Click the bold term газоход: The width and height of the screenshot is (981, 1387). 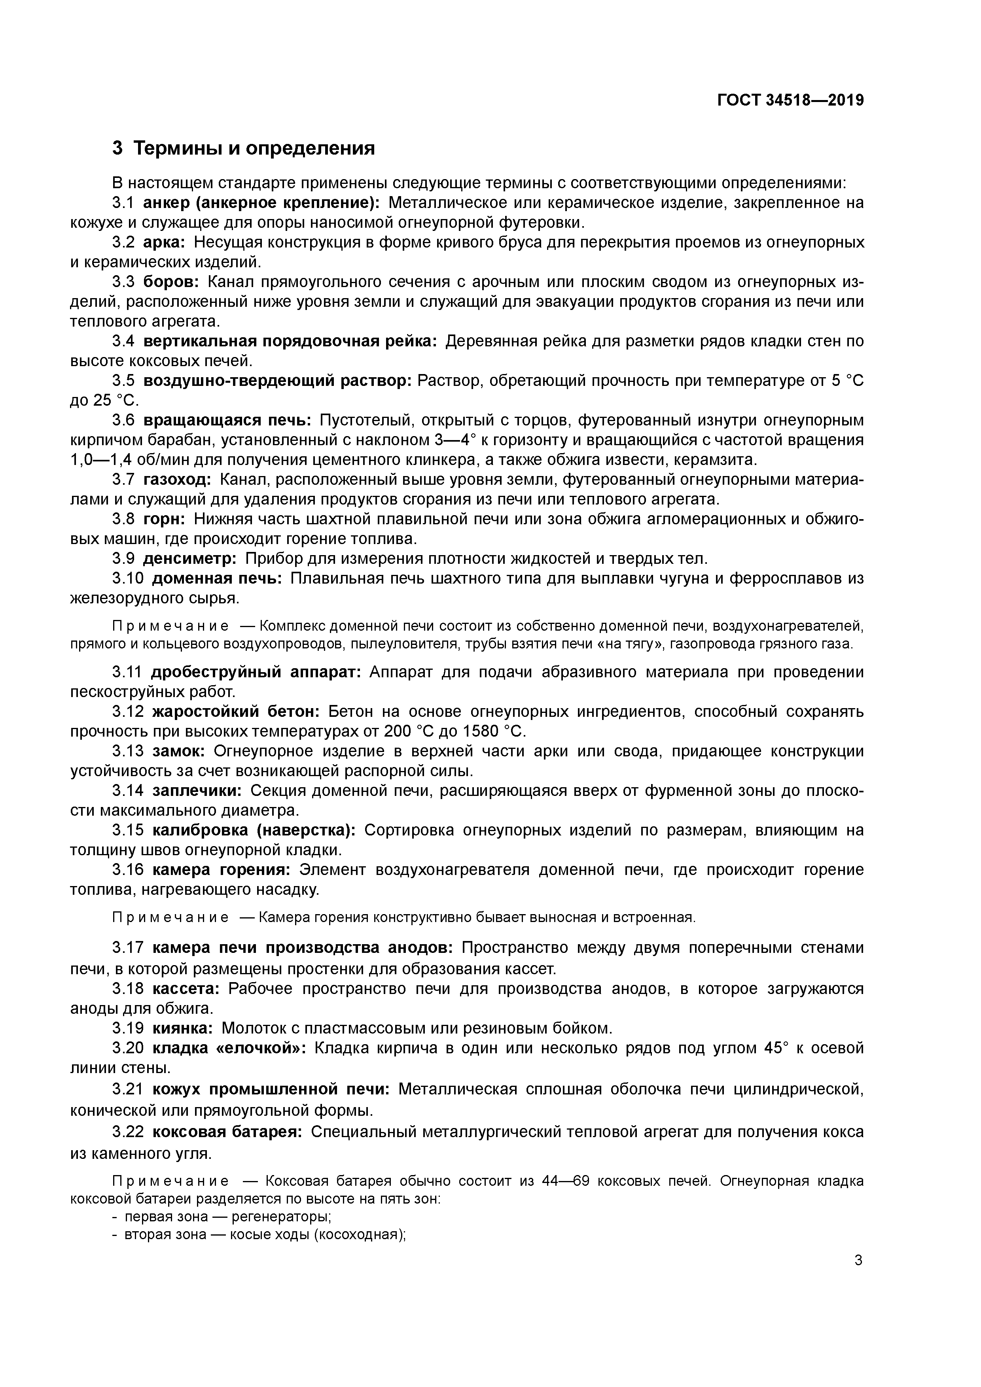tap(177, 480)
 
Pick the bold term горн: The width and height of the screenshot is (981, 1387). tap(165, 519)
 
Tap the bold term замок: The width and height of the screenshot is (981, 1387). tap(179, 751)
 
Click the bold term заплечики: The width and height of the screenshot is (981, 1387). tap(197, 791)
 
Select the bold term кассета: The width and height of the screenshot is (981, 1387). tap(186, 988)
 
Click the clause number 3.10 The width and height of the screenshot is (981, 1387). tap(127, 578)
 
